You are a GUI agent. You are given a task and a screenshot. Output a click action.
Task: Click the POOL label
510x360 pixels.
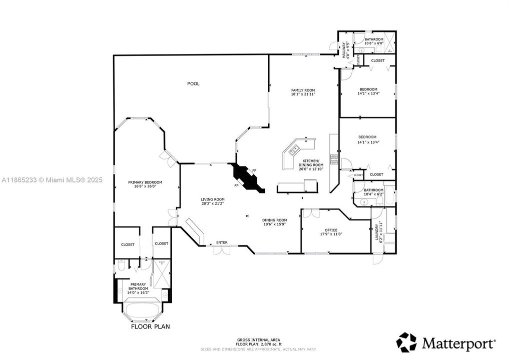pos(193,83)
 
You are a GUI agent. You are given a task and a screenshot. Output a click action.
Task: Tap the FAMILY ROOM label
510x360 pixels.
pos(303,90)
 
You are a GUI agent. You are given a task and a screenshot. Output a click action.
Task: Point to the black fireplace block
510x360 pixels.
pos(248,178)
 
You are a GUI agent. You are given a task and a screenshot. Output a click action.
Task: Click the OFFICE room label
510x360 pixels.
pos(331,230)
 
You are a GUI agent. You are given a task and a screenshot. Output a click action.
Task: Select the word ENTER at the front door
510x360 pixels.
pos(222,242)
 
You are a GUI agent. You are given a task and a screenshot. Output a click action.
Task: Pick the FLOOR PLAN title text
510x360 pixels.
pos(150,327)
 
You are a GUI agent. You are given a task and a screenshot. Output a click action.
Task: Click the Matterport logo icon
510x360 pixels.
pos(406,342)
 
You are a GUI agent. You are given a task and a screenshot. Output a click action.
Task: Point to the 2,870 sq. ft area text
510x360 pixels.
pos(265,344)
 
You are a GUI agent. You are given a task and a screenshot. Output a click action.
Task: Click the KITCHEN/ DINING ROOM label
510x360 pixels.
pos(311,164)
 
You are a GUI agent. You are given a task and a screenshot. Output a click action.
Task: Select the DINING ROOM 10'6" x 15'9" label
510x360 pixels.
pos(275,221)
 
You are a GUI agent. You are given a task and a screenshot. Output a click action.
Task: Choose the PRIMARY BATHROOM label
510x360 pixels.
pos(138,286)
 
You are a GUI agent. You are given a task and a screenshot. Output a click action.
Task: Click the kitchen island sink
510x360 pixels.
pos(294,148)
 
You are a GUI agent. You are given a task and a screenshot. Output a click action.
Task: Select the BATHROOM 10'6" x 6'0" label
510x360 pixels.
pos(374,41)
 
